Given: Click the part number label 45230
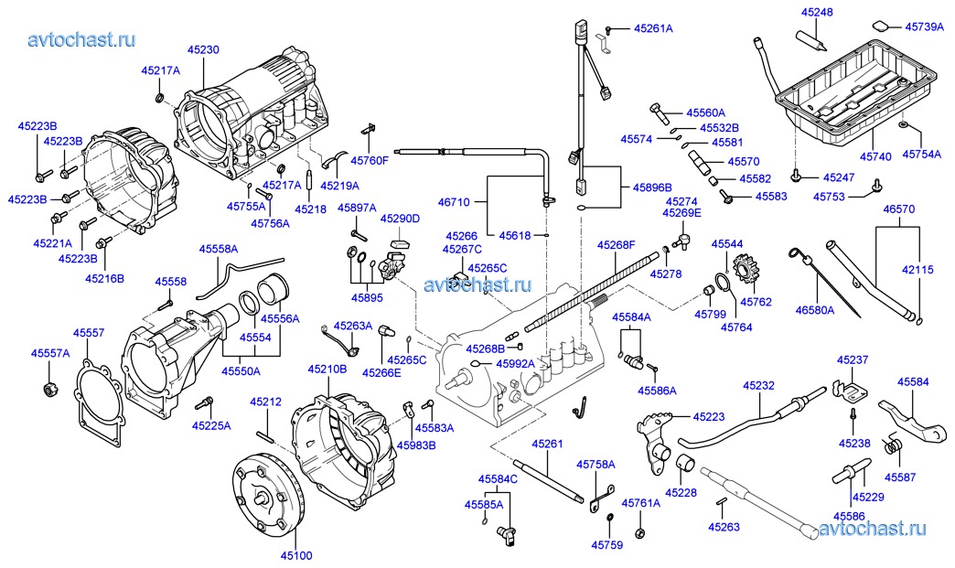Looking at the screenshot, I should click(x=203, y=51).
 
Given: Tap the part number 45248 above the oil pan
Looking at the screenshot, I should click(x=817, y=13).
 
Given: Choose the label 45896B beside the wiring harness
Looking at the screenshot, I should click(x=652, y=187).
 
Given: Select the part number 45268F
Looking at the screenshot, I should click(x=617, y=245).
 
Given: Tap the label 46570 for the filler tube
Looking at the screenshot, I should click(x=898, y=209).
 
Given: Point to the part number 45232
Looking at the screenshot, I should click(x=759, y=387).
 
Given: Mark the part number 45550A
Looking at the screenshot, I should click(x=241, y=371).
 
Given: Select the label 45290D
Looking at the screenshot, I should click(x=400, y=219).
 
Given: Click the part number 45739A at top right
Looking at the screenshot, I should click(x=924, y=27).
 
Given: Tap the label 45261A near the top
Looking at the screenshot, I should click(x=653, y=29).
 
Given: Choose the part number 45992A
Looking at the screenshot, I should click(x=515, y=363).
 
